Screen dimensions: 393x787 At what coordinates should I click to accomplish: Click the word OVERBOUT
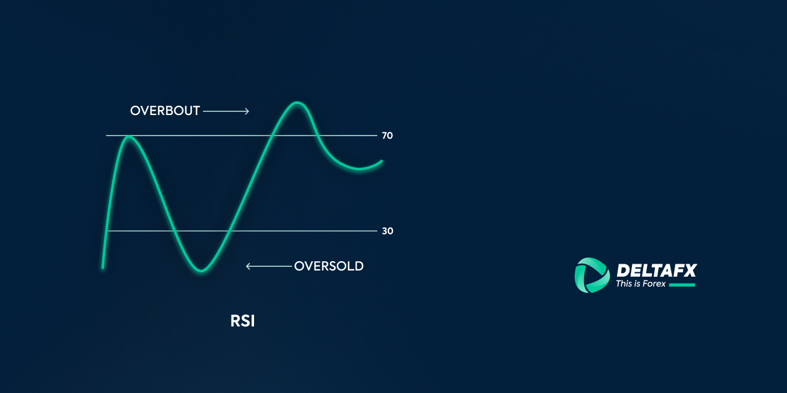[165, 111]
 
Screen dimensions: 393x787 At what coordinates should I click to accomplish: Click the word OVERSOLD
[329, 267]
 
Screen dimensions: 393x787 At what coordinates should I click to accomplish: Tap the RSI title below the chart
[243, 321]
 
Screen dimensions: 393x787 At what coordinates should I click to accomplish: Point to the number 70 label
[387, 136]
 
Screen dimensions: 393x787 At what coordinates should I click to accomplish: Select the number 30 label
[387, 231]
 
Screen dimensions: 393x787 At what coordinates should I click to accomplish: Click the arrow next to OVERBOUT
[226, 111]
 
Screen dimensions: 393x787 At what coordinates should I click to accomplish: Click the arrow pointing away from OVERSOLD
[269, 267]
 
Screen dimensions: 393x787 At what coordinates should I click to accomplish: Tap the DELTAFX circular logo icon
[591, 275]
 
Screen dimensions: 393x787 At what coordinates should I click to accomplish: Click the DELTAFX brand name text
[656, 270]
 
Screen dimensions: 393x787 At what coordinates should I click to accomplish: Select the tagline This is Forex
[641, 284]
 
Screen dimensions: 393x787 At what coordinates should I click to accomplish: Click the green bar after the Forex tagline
[682, 285]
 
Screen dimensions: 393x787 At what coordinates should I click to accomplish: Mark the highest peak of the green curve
[298, 103]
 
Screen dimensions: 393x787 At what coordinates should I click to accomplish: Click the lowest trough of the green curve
[201, 270]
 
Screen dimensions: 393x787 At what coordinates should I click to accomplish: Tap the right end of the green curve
[381, 162]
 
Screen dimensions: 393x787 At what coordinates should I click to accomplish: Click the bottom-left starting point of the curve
[103, 267]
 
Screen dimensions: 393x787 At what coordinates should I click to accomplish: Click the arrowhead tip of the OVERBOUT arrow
[248, 111]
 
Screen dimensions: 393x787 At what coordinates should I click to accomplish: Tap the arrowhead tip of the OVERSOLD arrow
[247, 267]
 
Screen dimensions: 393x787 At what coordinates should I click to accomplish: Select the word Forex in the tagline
[654, 284]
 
